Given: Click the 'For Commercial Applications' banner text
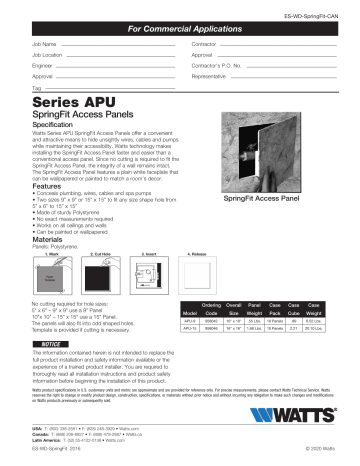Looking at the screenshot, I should [x=179, y=31].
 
